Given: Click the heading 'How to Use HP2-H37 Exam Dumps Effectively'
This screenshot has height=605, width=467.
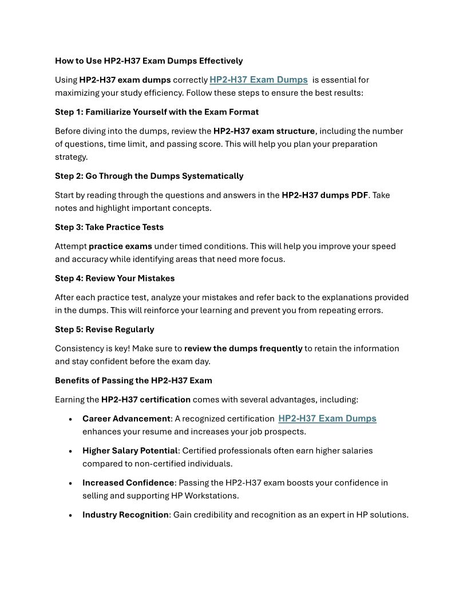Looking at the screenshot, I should [149, 61].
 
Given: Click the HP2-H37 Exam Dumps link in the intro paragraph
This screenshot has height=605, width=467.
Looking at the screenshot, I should [258, 80].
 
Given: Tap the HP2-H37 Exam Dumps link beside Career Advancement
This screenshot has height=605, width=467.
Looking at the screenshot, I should [327, 418].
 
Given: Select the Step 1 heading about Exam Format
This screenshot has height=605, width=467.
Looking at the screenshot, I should [157, 112].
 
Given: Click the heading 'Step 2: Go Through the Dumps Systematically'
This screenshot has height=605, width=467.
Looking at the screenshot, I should [149, 176].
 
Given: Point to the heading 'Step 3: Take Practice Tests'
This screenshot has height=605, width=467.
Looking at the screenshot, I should [109, 227].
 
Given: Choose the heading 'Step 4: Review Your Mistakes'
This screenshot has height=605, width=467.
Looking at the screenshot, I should [115, 278].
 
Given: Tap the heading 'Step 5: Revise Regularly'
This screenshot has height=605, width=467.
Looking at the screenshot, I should [105, 329].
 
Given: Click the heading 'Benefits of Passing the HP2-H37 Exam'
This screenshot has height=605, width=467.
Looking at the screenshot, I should [133, 380].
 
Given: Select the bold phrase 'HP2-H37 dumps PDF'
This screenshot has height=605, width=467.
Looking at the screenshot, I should [324, 195].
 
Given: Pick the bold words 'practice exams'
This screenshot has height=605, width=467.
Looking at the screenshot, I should [120, 246].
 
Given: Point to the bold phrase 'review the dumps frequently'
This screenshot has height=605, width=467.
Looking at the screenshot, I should [243, 348].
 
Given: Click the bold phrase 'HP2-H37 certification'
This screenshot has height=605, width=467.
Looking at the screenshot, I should [146, 399].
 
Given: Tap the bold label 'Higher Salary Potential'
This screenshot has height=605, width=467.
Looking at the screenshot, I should [130, 451].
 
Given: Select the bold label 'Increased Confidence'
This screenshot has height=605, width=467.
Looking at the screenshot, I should [128, 483].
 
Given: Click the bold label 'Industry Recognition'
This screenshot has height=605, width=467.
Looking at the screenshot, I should [125, 514].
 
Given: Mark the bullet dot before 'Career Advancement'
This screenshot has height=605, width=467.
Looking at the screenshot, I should [70, 419].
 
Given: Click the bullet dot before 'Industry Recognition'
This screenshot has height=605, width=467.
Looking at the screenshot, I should [70, 516].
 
